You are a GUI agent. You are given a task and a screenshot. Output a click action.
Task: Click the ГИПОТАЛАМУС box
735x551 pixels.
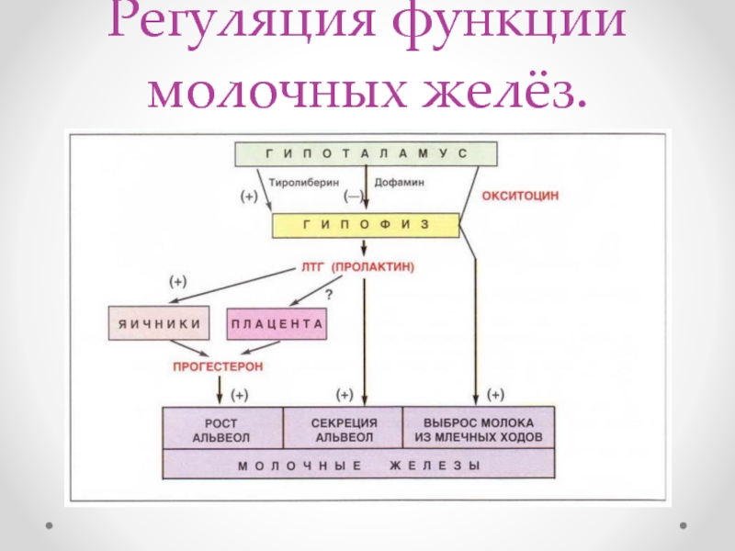tap(367, 153)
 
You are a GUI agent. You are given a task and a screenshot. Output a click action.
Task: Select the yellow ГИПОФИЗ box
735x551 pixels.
tap(365, 225)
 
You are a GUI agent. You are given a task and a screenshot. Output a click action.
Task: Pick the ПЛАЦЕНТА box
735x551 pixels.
tap(277, 322)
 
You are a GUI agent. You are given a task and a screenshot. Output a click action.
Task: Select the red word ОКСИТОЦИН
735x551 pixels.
tap(521, 197)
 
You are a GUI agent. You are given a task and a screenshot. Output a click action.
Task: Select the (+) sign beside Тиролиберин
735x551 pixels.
tap(249, 197)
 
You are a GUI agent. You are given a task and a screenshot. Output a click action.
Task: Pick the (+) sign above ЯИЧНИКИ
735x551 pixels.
tap(176, 280)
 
